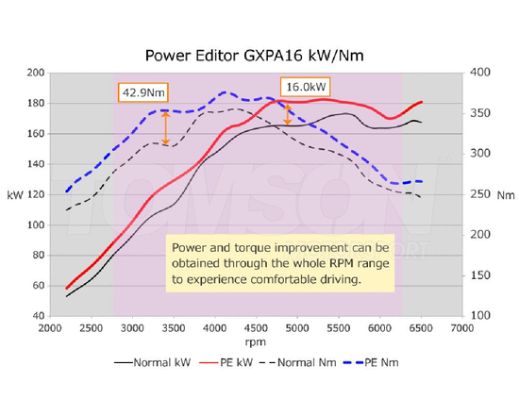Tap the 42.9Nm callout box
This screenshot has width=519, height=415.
point(141,92)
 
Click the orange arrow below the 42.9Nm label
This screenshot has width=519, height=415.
point(166,127)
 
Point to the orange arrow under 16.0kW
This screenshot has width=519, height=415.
point(286,113)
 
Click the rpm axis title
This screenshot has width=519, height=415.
point(255,340)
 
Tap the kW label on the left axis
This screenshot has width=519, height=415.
point(14,194)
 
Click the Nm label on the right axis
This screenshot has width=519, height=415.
point(506,195)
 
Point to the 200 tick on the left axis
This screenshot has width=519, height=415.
point(37,73)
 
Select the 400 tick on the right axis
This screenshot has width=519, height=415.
point(478,73)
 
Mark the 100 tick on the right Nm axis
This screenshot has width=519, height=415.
point(478,315)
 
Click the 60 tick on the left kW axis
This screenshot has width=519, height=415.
point(40,285)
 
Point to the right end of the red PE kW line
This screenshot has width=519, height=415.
point(421,102)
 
